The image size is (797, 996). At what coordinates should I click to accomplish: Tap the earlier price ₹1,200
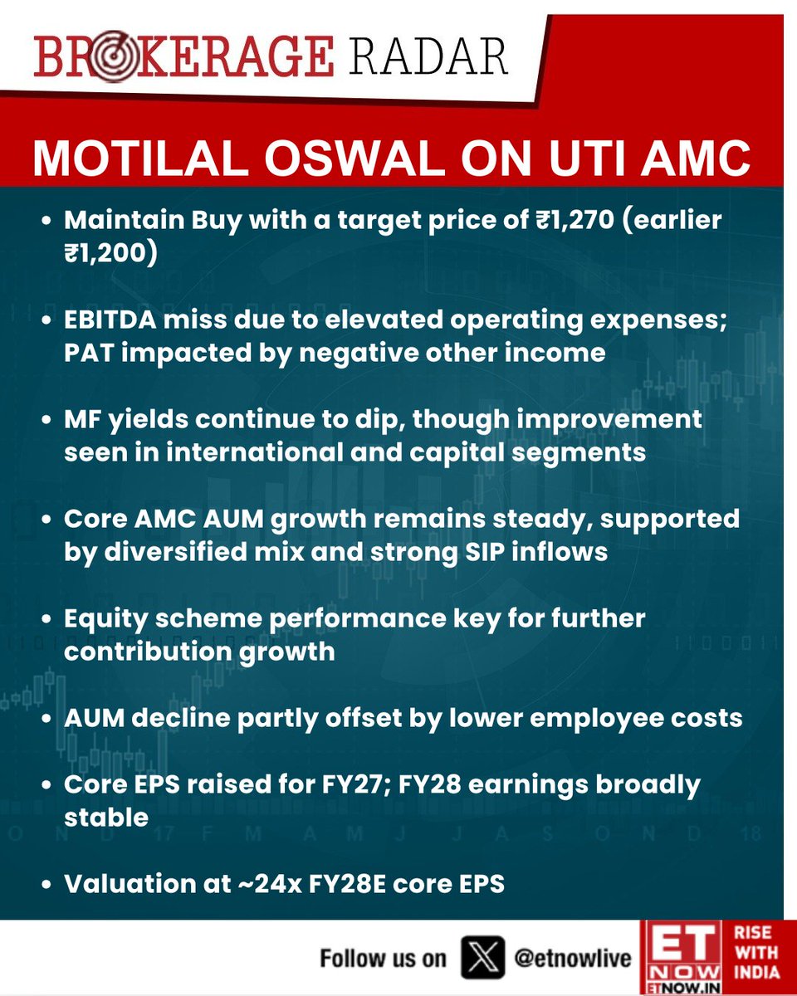coord(110,254)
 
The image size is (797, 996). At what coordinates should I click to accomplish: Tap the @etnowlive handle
coord(573,958)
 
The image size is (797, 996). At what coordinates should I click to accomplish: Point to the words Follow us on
coord(383,958)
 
